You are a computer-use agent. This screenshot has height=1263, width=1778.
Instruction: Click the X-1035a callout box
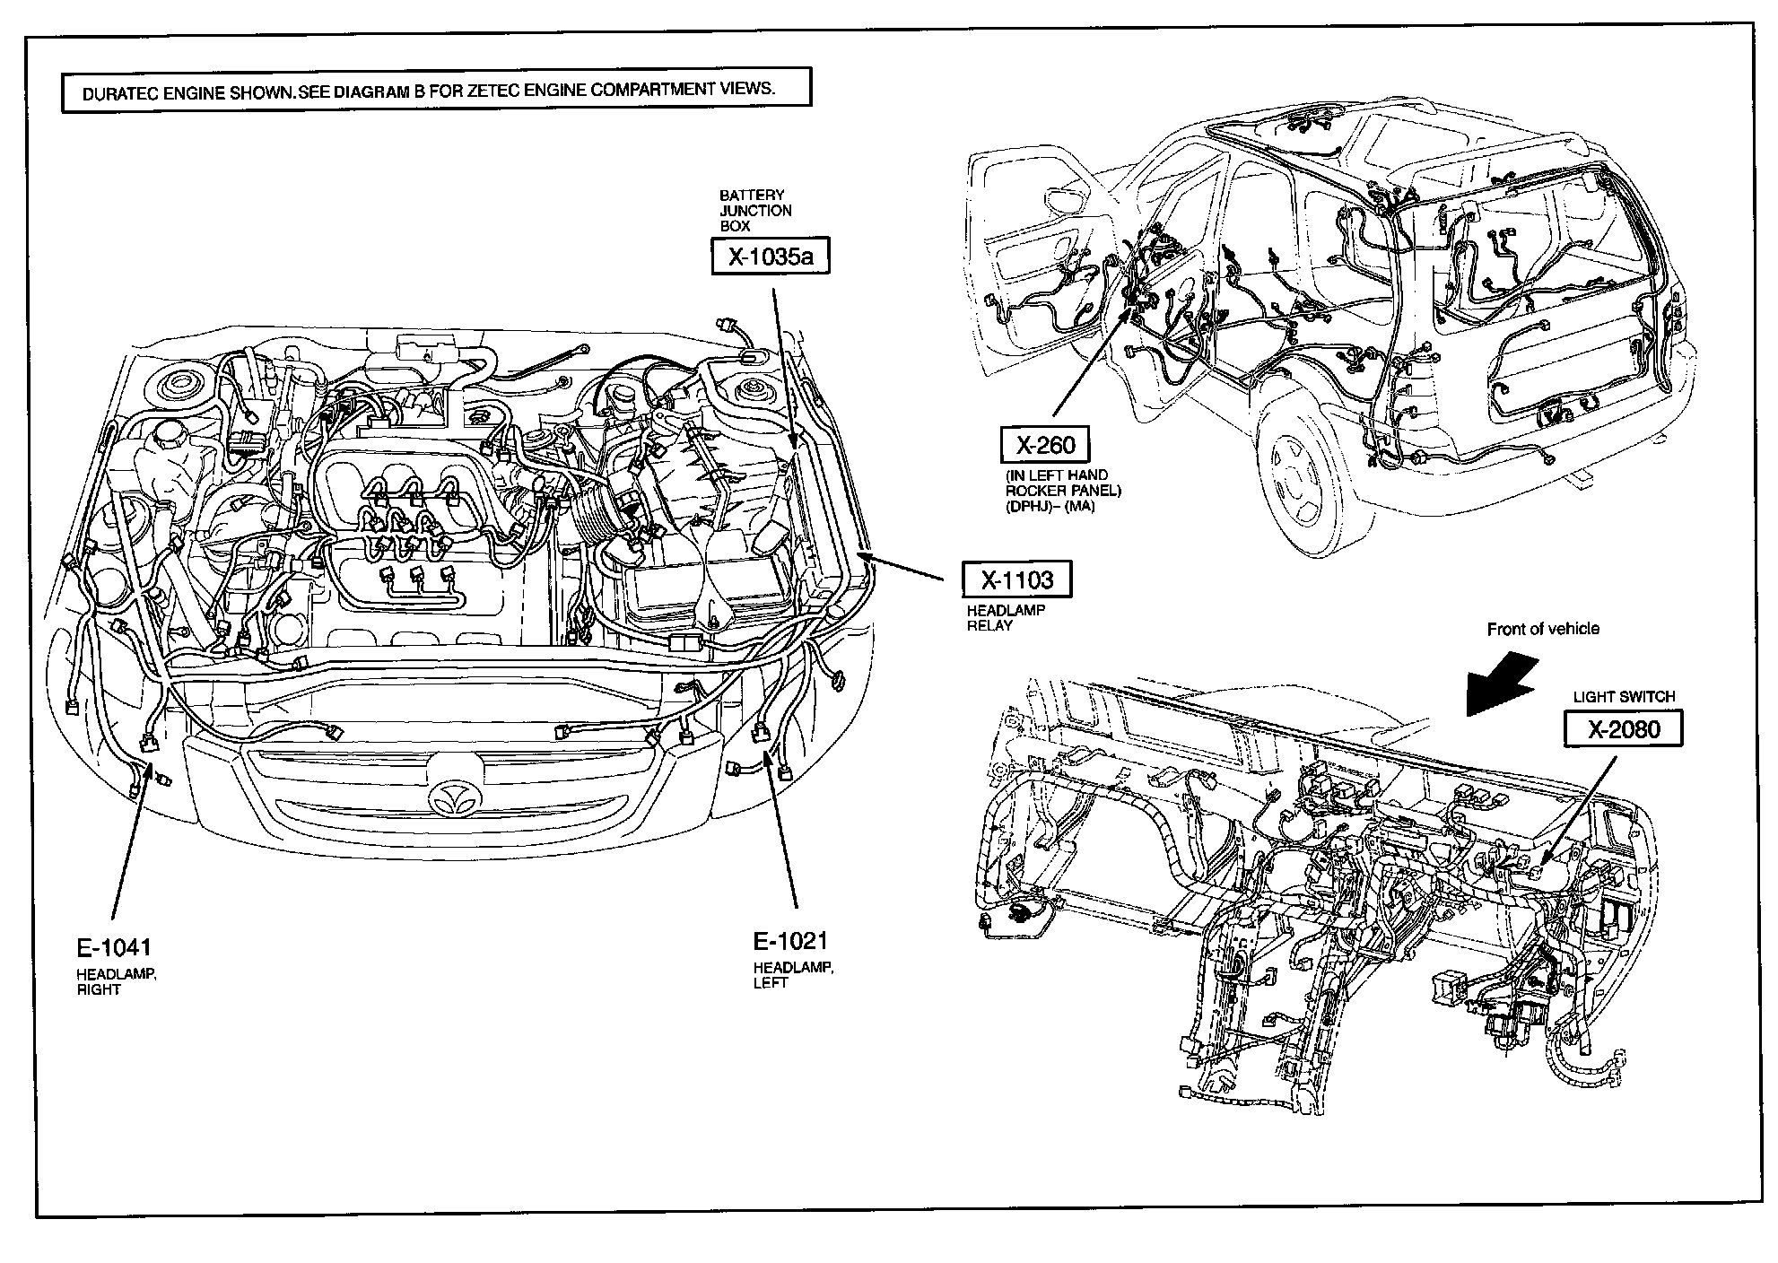pyautogui.click(x=770, y=257)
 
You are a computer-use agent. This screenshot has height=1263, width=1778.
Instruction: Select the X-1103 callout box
pyautogui.click(x=1016, y=580)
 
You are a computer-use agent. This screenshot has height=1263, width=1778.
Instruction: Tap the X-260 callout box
pyautogui.click(x=1045, y=445)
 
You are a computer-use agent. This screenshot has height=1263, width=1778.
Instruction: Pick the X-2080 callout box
pyautogui.click(x=1624, y=729)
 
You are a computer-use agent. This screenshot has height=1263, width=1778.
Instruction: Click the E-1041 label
pyautogui.click(x=113, y=947)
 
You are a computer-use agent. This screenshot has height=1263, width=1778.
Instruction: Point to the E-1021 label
pyautogui.click(x=789, y=941)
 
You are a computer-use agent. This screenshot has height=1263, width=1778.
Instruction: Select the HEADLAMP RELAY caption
pyautogui.click(x=1005, y=618)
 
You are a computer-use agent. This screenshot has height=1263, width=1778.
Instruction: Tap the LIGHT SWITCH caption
pyautogui.click(x=1624, y=696)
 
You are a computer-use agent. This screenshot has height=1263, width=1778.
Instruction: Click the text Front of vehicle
pyautogui.click(x=1543, y=629)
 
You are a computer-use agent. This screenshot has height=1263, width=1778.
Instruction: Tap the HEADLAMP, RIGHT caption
pyautogui.click(x=116, y=982)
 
